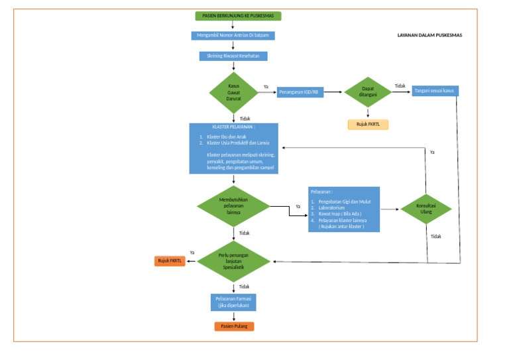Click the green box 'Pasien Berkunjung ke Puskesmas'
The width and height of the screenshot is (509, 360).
239,15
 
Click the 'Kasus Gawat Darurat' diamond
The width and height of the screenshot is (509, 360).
233,92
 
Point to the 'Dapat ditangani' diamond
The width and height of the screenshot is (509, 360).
368,91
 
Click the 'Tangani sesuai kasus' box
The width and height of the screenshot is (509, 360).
434,91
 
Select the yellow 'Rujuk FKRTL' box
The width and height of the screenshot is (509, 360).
367,124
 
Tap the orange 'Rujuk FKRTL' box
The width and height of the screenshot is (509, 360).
170,261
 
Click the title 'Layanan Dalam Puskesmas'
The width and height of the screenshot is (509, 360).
429,35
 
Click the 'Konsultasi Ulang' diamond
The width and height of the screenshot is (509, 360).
426,209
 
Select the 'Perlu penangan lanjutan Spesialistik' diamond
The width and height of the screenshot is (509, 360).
234,261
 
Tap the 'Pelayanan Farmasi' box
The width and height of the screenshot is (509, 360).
233,302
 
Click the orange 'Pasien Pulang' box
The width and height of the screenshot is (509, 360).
233,326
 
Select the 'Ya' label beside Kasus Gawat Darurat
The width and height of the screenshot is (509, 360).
266,87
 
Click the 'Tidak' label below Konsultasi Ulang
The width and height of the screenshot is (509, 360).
435,236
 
